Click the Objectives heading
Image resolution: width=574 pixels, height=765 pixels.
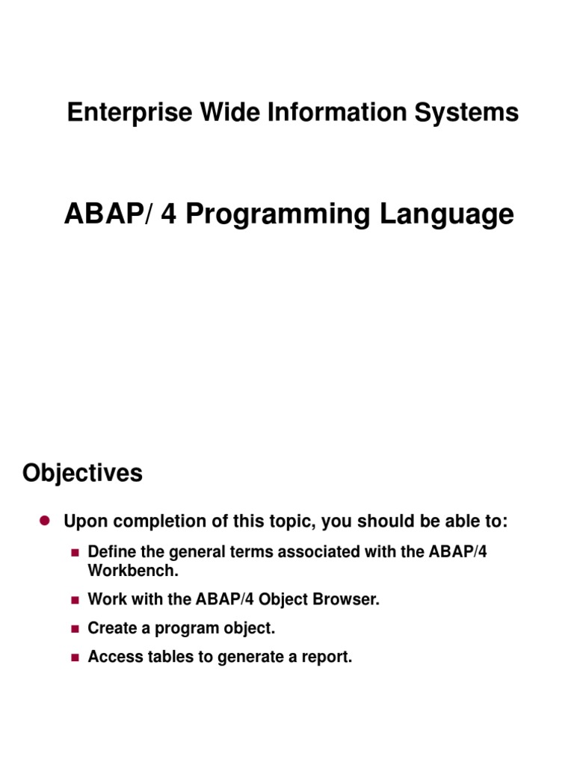point(82,473)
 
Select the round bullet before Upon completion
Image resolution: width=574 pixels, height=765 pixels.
point(43,521)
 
